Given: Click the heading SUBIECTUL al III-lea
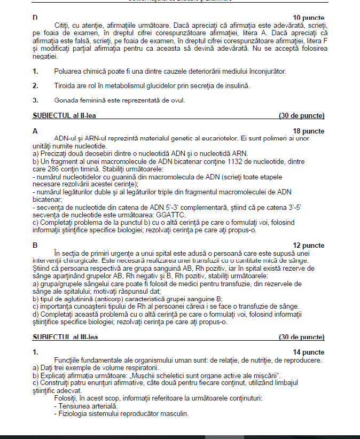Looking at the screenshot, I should click(65, 337).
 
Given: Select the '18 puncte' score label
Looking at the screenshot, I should click(309, 131).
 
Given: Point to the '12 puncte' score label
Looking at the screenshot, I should click(309, 246).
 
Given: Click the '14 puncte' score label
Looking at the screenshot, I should click(309, 352).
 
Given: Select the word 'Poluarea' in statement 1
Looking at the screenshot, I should click(69, 71).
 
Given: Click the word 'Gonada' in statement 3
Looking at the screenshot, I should click(66, 100).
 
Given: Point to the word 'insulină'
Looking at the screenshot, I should click(236, 85).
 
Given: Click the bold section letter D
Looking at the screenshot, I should click(35, 18).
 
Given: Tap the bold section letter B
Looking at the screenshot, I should click(35, 246).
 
